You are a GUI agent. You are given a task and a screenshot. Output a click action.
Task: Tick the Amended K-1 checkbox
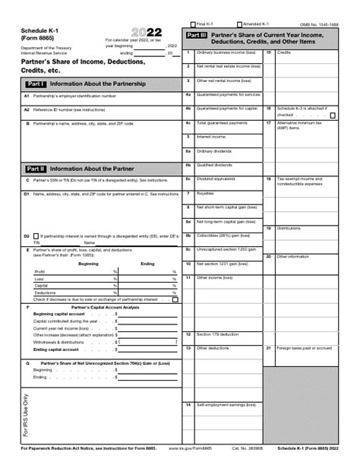pyautogui.click(x=239, y=24)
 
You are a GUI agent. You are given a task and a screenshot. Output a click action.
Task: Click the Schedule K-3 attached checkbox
pyautogui.click(x=332, y=115)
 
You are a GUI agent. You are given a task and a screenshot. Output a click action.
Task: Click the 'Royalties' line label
pyautogui.click(x=205, y=192)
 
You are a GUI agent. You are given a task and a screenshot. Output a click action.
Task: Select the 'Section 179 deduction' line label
pyautogui.click(x=216, y=312)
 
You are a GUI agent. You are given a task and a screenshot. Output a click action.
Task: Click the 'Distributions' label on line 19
pyautogui.click(x=289, y=227)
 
